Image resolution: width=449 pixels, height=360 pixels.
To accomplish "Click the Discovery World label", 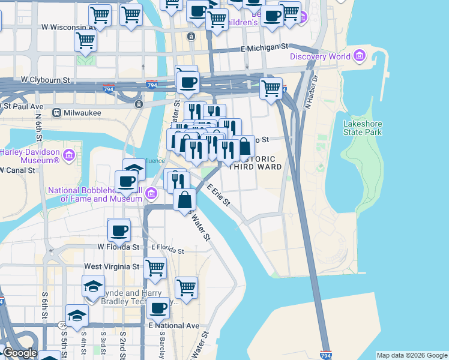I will (x=320, y=57).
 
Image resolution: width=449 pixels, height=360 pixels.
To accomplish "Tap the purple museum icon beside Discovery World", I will (x=360, y=56).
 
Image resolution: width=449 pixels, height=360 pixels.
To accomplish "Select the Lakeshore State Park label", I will (x=362, y=128).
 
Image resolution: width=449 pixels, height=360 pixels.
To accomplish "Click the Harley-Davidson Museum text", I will (x=30, y=156).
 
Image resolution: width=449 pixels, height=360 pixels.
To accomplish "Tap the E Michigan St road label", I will (x=265, y=47).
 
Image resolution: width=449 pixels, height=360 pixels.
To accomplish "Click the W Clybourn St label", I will (x=46, y=79).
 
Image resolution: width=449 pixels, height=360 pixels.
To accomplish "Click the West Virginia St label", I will (x=112, y=266).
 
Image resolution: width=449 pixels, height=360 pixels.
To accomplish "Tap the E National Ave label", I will (x=173, y=325).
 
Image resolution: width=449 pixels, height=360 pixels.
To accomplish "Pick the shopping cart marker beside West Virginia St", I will (x=155, y=268).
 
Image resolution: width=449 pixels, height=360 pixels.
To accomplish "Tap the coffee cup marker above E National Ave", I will (x=158, y=308).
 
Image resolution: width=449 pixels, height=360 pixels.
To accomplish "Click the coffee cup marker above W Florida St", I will (x=118, y=229).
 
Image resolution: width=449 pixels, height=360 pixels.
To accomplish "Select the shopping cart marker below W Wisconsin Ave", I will (x=85, y=41).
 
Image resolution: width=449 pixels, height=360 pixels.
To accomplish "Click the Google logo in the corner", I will (x=20, y=353).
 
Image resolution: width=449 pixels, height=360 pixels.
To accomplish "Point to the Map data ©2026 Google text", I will (x=412, y=355).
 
